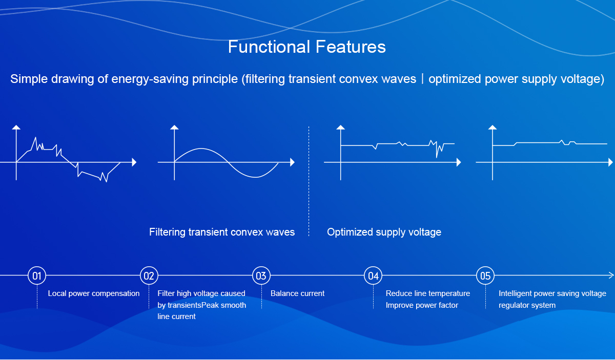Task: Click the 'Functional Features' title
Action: [306, 47]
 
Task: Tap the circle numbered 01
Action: [37, 276]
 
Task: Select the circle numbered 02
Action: [149, 276]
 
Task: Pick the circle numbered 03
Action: [261, 276]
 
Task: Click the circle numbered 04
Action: [373, 276]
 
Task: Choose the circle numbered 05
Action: [485, 276]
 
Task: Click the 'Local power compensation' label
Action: [94, 293]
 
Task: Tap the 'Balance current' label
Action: [297, 293]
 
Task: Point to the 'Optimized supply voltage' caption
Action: [384, 232]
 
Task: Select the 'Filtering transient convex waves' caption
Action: [222, 232]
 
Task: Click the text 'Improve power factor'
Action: [422, 305]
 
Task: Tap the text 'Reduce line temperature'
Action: [428, 293]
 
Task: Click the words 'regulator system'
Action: [527, 305]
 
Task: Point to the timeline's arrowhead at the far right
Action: [611, 275]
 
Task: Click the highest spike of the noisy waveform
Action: [35, 137]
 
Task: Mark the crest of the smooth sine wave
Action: [201, 149]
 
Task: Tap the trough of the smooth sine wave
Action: [255, 177]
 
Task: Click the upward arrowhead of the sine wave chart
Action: [174, 127]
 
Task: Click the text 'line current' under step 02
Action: [176, 316]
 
